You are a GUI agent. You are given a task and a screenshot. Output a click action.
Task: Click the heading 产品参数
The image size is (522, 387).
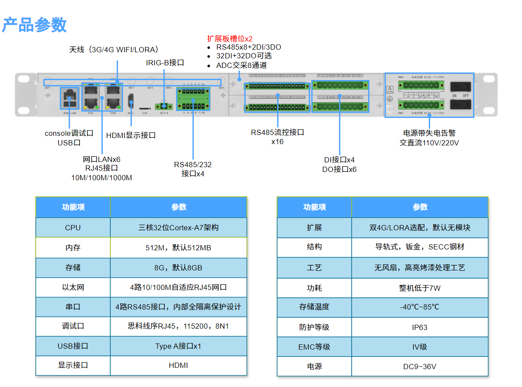(x=34, y=25)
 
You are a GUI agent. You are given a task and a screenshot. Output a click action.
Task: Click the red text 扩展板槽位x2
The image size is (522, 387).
(x=230, y=38)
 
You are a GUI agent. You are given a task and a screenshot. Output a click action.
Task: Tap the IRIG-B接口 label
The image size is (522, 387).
(x=165, y=63)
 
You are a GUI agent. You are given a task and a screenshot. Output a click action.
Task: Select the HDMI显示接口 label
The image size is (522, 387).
(x=131, y=135)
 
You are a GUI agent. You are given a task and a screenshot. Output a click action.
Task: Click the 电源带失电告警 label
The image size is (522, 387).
(x=429, y=133)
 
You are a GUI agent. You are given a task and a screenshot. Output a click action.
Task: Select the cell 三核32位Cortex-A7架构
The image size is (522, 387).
(x=178, y=228)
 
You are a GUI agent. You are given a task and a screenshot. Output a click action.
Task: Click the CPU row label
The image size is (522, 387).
(x=73, y=228)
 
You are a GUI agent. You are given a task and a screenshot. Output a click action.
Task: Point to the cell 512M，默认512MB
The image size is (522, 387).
(x=178, y=248)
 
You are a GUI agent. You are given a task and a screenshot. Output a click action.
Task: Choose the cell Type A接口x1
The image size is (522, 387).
(x=178, y=346)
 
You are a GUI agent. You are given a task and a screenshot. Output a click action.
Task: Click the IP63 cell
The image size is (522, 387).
(x=420, y=327)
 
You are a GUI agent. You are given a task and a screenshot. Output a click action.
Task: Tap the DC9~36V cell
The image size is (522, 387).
(x=420, y=367)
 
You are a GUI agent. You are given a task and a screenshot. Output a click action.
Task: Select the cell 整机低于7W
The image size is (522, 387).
(x=420, y=288)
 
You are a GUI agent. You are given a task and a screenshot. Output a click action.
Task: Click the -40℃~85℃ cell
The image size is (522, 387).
(x=420, y=307)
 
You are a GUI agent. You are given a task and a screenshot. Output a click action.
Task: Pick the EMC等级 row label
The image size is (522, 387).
(x=314, y=347)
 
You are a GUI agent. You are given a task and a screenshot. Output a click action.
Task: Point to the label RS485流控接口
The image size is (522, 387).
(x=277, y=132)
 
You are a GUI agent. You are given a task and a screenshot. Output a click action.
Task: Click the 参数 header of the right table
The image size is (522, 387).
(x=420, y=207)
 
